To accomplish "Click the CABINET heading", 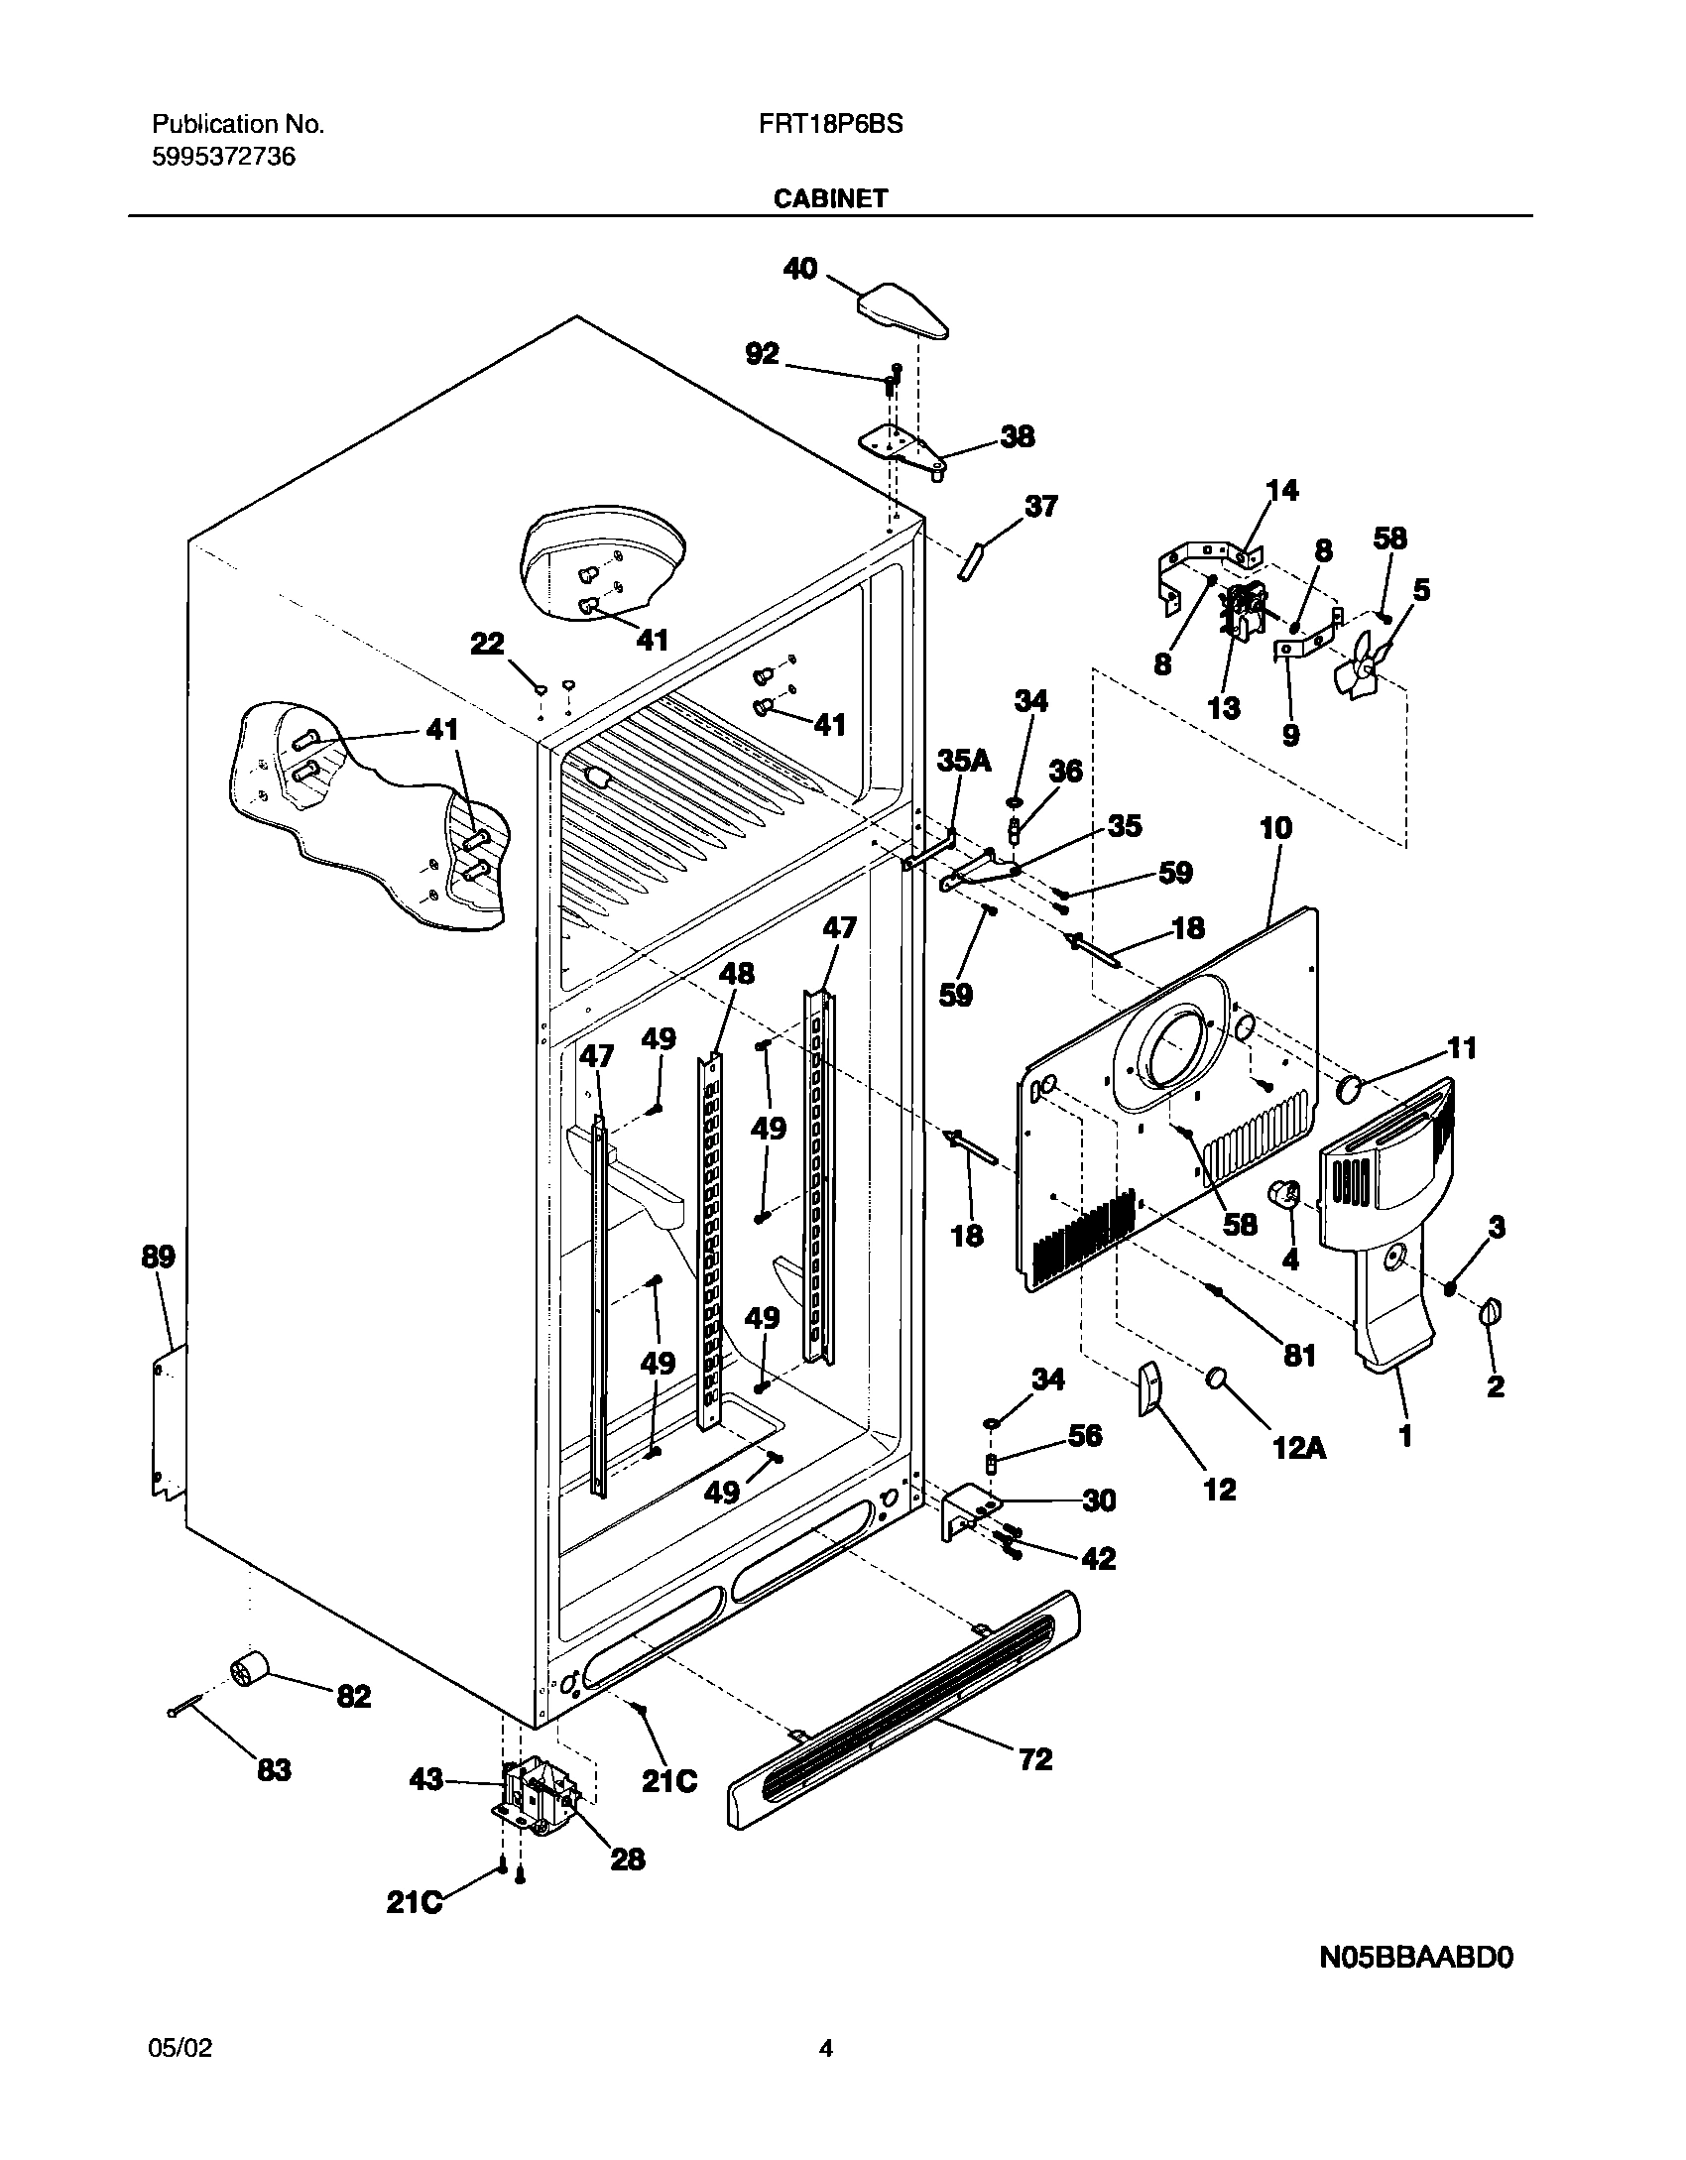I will (830, 198).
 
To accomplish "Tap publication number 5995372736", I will (223, 157).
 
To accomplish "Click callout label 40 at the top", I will (800, 268).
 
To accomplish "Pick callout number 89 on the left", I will (158, 1257).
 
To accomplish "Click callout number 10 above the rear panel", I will (1275, 828).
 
